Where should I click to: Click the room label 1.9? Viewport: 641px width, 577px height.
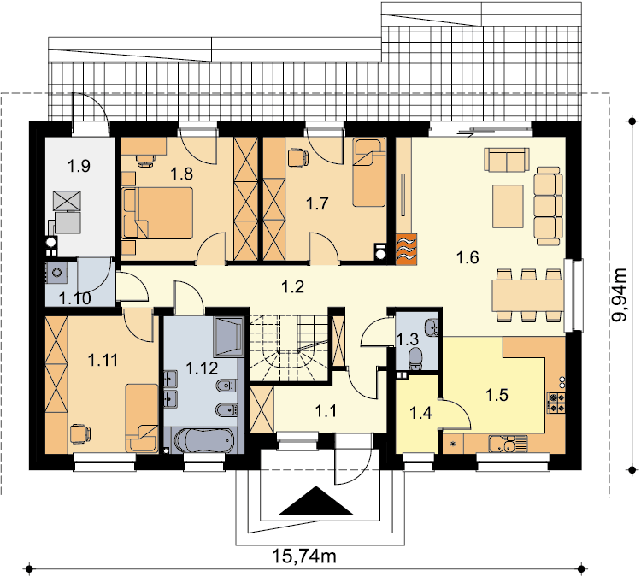point(79,167)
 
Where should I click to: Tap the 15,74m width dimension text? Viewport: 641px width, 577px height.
point(304,556)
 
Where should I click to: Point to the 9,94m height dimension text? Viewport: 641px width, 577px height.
point(619,295)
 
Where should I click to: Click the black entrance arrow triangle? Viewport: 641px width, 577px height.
point(316,501)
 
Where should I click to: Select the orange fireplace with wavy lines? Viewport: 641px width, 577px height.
point(406,249)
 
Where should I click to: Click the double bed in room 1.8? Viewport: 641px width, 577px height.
point(157,213)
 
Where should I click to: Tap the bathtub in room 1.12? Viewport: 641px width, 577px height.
point(204,440)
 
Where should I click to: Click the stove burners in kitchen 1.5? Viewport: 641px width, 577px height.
point(556,403)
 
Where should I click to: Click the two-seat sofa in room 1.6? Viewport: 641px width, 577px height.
point(507,160)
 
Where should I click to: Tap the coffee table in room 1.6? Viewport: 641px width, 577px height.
point(508,206)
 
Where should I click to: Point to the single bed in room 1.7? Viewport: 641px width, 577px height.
point(369,173)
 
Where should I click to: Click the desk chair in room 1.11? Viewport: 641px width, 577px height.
point(80,434)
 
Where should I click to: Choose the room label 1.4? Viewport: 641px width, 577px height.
point(420,414)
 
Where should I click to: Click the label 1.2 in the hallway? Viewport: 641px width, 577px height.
point(292,287)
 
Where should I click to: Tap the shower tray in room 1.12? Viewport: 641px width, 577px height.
point(229,337)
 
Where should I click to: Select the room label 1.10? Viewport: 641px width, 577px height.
point(75,298)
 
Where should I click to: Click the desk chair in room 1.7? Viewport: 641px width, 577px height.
point(297,158)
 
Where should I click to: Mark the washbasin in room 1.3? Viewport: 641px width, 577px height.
point(432,327)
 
